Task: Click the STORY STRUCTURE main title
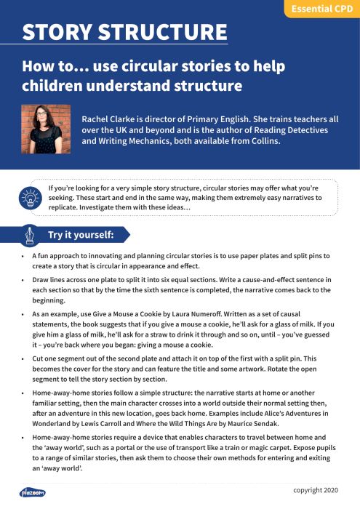[x=124, y=33]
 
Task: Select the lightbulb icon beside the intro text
[x=31, y=198]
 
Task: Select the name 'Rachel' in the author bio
[x=97, y=118]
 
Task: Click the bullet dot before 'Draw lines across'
[x=25, y=280]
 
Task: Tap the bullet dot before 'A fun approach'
[x=25, y=257]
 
